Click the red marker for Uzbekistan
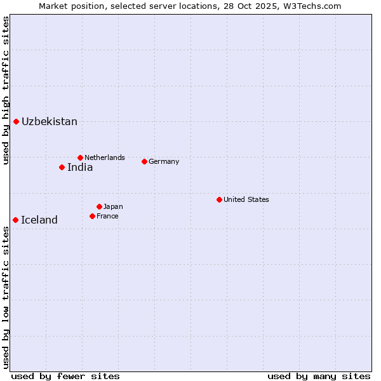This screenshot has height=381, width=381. pos(16,121)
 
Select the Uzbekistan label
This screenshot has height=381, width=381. pos(50,121)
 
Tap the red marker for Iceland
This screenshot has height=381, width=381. pos(15,220)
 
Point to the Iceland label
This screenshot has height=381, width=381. pos(39,220)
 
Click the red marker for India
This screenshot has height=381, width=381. pos(62,168)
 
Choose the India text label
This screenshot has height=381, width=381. pos(80,168)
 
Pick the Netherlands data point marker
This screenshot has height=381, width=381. pos(80,157)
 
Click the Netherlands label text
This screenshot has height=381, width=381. pos(105,157)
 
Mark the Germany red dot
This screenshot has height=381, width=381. pos(144,161)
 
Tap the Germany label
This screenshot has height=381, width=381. pos(164,161)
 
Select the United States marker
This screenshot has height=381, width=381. pos(219,199)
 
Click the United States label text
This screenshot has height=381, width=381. pos(246,199)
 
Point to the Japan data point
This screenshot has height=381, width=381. pos(99,206)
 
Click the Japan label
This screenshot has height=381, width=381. pos(113,206)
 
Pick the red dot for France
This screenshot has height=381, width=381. pos(92,216)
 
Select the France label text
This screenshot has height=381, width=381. pos(107,216)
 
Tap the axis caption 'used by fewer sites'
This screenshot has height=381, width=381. pos(65,376)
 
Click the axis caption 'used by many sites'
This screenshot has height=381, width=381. pos(319,376)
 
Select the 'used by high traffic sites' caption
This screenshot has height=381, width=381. pos(6,90)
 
